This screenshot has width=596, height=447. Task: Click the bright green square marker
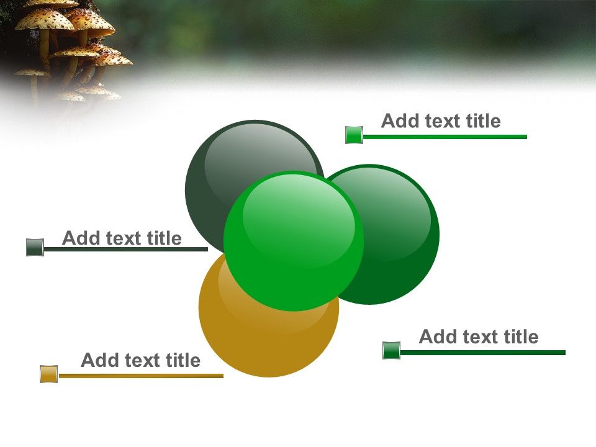tap(354, 135)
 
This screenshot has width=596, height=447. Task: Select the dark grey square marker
tap(35, 248)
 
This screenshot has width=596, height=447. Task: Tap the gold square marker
tap(48, 374)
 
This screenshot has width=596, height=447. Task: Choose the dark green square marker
tap(391, 351)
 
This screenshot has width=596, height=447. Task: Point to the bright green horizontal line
tap(445, 137)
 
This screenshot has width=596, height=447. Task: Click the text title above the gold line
tap(141, 360)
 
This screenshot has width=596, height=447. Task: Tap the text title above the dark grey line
tap(122, 238)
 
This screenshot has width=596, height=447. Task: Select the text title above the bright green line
tap(441, 121)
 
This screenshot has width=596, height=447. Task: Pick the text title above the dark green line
tap(479, 337)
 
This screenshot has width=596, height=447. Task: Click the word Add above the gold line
tap(96, 360)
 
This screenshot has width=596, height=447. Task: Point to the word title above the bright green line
tap(483, 121)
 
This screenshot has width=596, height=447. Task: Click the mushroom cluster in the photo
tap(68, 50)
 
